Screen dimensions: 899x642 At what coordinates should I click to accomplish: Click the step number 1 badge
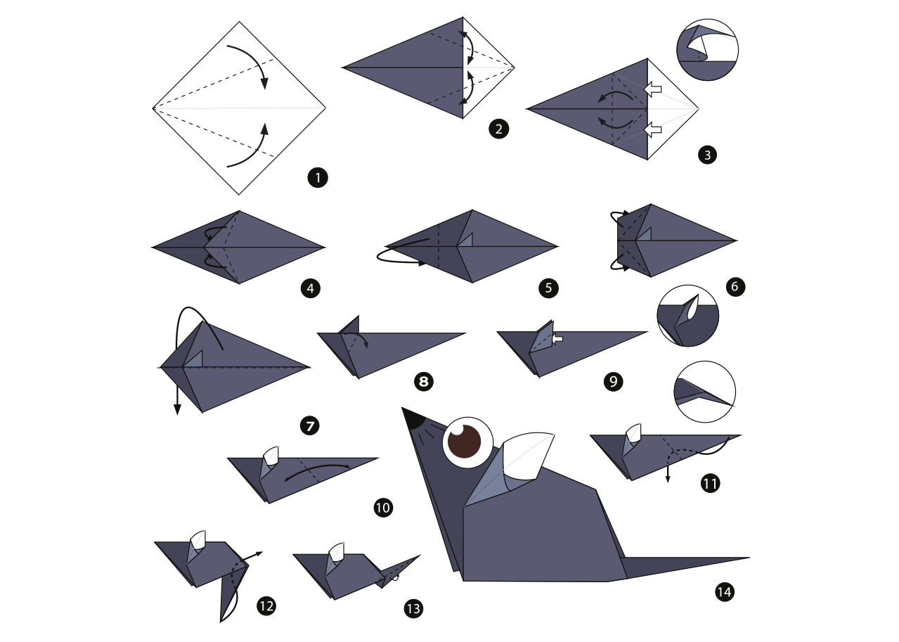[x=318, y=177]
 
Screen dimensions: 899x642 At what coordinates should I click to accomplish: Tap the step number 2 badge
[x=498, y=129]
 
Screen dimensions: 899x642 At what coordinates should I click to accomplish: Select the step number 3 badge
[x=707, y=155]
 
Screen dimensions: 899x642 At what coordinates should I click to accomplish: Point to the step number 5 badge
[x=548, y=288]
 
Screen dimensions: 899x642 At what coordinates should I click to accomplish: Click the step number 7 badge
[x=309, y=425]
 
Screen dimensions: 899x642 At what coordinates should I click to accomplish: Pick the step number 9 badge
[x=613, y=381]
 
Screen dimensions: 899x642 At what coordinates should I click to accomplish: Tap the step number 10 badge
[x=383, y=508]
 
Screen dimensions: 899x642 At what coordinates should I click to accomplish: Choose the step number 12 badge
[x=266, y=606]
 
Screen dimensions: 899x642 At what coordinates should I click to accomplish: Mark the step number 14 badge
[x=725, y=592]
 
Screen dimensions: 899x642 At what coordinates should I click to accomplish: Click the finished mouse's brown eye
[x=465, y=442]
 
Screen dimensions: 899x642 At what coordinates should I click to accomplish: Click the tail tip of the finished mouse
[x=749, y=558]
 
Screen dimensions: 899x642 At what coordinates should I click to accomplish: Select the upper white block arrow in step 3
[x=652, y=89]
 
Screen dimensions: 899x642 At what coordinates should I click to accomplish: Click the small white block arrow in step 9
[x=557, y=339]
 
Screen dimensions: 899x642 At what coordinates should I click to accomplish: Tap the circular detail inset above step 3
[x=707, y=50]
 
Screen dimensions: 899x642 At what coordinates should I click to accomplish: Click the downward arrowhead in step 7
[x=177, y=409]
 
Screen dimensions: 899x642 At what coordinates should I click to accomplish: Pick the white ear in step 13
[x=336, y=552]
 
